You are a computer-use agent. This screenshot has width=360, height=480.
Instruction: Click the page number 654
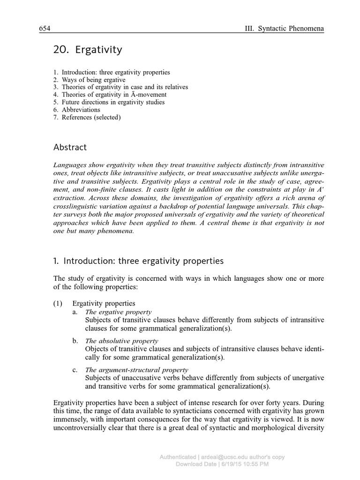[45, 29]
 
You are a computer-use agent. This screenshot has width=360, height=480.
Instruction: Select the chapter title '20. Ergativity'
[88, 50]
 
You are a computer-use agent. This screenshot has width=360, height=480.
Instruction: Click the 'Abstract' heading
[70, 148]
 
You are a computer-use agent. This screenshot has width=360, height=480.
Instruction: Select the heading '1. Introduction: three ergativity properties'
[138, 261]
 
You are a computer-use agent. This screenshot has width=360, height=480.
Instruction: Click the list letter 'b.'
[75, 341]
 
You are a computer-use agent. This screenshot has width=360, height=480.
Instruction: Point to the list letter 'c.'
[75, 370]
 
